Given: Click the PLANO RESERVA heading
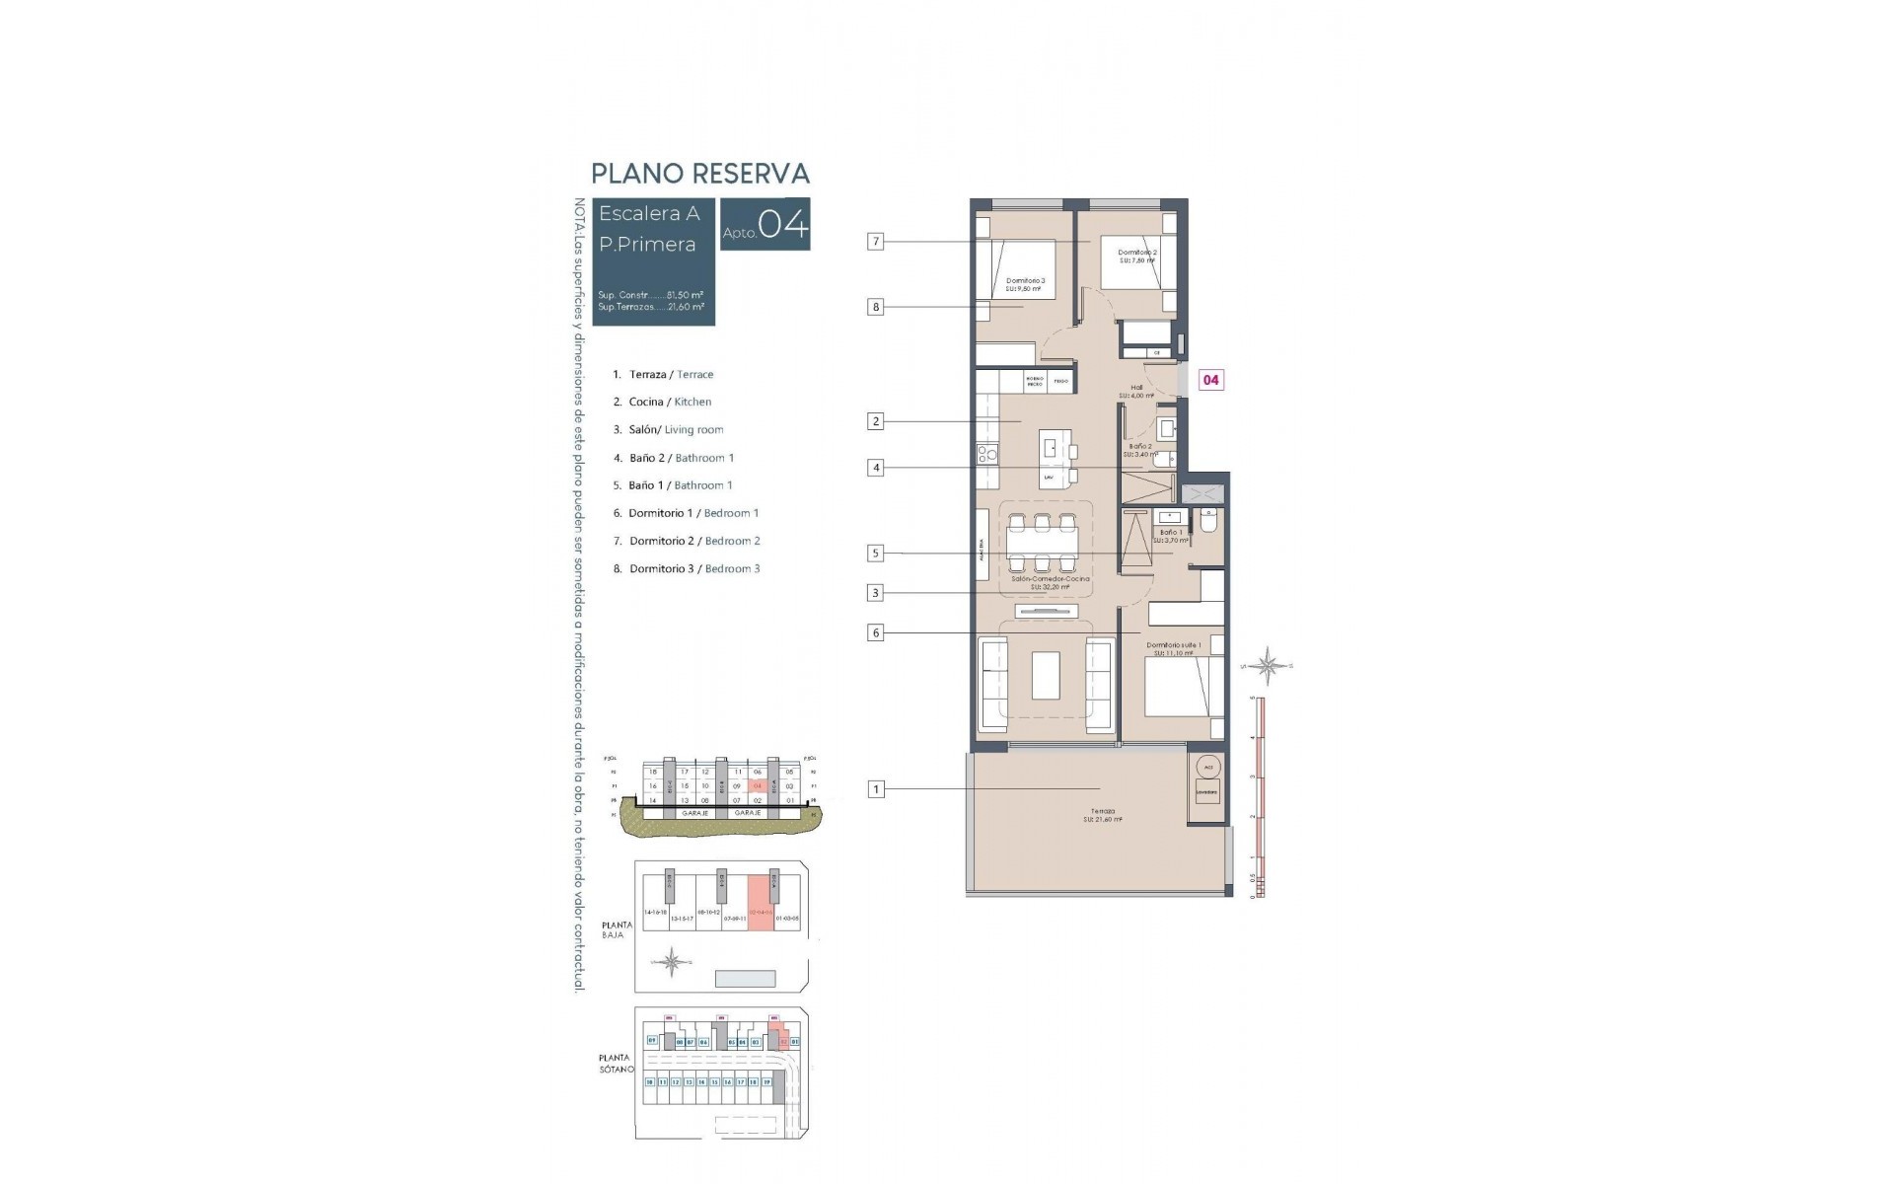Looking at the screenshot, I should click(x=699, y=174).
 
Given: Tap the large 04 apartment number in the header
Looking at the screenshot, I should click(x=784, y=225).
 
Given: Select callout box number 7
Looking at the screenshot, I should click(x=875, y=242).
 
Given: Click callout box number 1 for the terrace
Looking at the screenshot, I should click(x=875, y=789).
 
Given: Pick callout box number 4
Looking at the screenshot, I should click(x=875, y=468).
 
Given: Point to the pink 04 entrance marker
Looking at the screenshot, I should click(x=1210, y=380).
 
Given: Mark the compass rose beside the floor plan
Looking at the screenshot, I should click(x=1270, y=667).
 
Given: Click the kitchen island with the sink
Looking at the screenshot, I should click(x=1059, y=459).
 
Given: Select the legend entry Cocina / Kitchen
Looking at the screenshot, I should click(x=670, y=403).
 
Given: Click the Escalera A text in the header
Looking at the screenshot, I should click(x=649, y=214).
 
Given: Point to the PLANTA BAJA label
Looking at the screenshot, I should click(x=616, y=929).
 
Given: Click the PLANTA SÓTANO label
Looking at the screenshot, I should click(x=615, y=1064).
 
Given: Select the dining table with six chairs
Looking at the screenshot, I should click(x=1042, y=543).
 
